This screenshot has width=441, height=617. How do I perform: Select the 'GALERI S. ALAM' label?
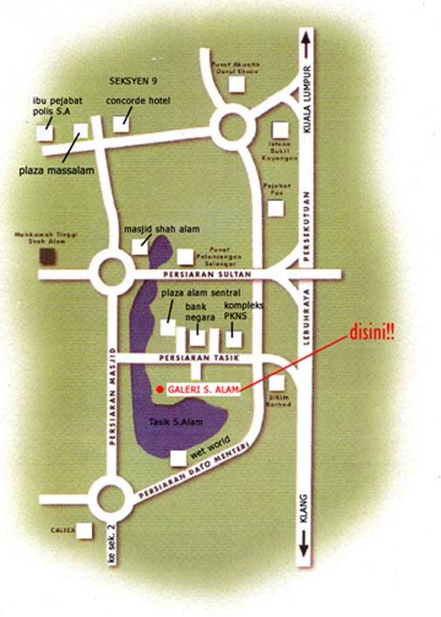pos(203,390)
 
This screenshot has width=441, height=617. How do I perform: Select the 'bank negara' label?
pos(199,314)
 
